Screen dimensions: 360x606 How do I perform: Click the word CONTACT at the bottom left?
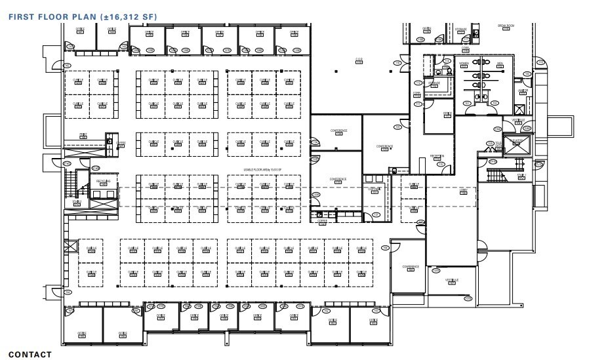[x=30, y=355]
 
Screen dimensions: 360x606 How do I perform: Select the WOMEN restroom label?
[x=464, y=64]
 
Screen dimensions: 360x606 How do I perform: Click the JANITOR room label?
[x=523, y=91]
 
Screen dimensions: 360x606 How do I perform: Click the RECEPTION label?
[x=437, y=156]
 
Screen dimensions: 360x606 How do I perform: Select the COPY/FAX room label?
[x=374, y=189]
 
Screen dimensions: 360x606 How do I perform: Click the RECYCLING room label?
[x=104, y=182]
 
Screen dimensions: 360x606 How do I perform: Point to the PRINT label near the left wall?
[x=83, y=135]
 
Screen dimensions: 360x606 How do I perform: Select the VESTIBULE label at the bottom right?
[x=452, y=280]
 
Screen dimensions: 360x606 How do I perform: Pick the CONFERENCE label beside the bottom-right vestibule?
[x=411, y=267]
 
